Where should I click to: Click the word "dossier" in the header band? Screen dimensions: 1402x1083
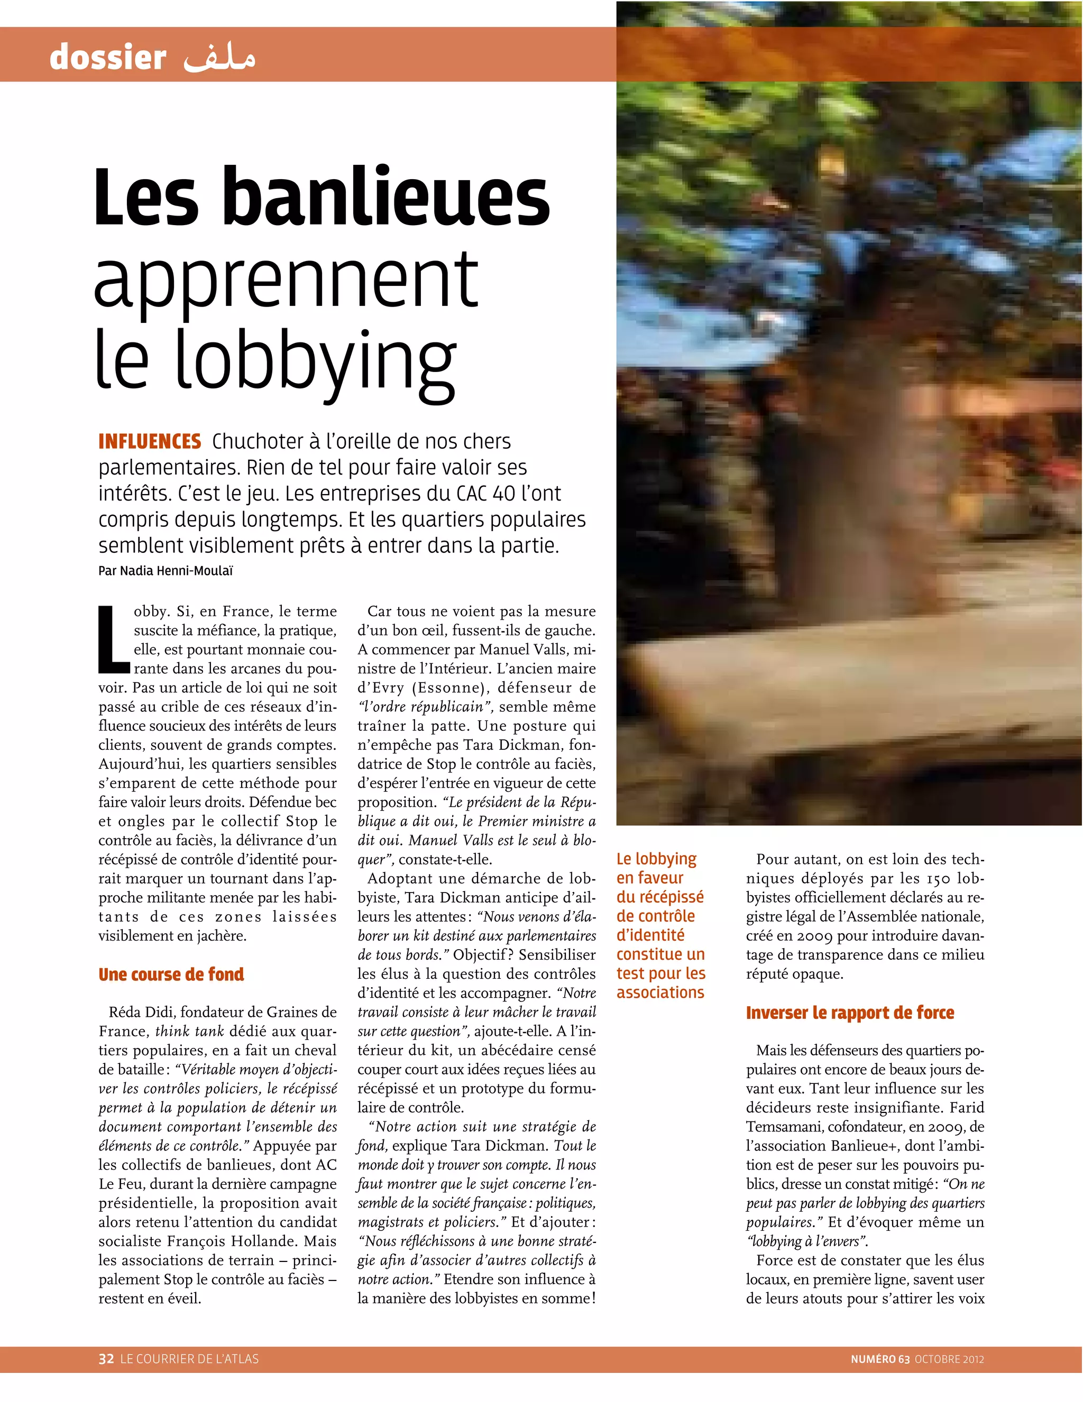click(x=108, y=57)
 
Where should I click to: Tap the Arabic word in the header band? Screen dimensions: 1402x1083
click(x=219, y=57)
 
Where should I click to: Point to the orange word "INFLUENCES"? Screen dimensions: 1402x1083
click(x=150, y=442)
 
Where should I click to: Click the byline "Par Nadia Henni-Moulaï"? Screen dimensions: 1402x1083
click(x=165, y=571)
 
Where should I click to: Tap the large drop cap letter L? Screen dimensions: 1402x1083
click(x=113, y=639)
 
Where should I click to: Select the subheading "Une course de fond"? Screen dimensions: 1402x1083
click(x=171, y=974)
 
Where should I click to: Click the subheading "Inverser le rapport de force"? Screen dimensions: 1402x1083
click(x=849, y=1013)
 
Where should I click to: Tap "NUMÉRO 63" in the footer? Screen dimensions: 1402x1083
click(x=879, y=1359)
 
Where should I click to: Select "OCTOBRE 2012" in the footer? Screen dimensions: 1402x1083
click(x=949, y=1359)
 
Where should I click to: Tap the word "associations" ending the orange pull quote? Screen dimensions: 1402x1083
click(x=660, y=992)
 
